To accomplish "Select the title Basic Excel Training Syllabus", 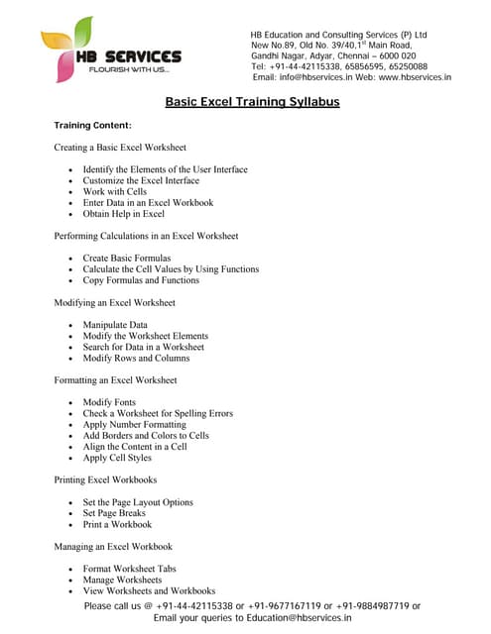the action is click(x=252, y=101).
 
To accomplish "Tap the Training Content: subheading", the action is click(x=92, y=126).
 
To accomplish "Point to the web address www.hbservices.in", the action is click(x=415, y=77).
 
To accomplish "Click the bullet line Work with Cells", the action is click(x=114, y=191).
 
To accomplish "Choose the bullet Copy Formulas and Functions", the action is click(x=141, y=279).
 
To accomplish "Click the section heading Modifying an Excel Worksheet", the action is click(x=114, y=302).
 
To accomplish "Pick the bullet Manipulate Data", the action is click(x=115, y=325).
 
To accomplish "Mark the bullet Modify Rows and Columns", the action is click(x=136, y=358).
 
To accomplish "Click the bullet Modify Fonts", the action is click(x=109, y=402).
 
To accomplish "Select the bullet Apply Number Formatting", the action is click(x=136, y=424).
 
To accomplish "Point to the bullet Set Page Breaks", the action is click(x=114, y=513).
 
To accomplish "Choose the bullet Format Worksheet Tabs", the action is click(x=129, y=569).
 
